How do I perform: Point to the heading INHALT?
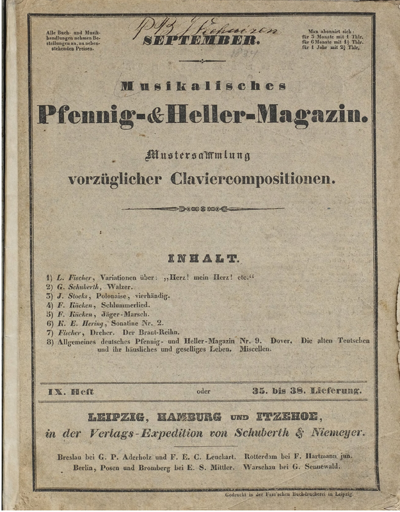click(x=202, y=259)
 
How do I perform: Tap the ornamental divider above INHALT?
click(x=202, y=209)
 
